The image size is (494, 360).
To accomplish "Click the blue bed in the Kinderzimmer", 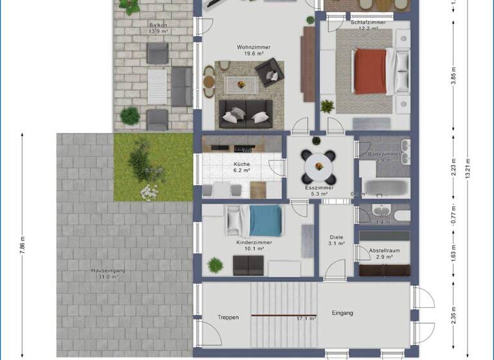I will coord(265,221).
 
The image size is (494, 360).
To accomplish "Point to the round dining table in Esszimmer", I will coord(320,166).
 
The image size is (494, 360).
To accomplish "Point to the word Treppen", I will coord(228,317).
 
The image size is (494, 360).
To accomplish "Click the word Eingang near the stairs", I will coord(342,313).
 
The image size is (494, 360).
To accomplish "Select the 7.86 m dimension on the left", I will coord(22,245).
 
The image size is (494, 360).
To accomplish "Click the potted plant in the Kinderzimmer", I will coord(214,264).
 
